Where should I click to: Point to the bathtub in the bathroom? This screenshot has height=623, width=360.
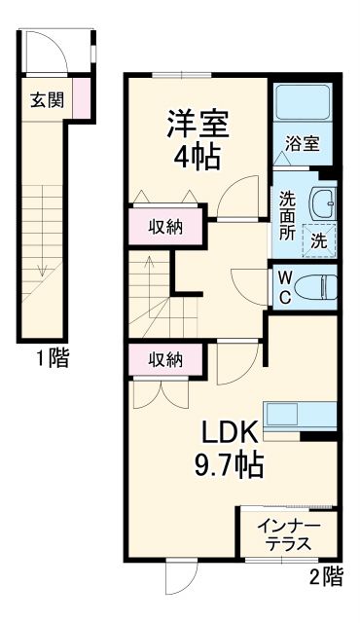pyautogui.click(x=301, y=104)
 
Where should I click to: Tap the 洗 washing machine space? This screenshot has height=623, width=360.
pyautogui.click(x=319, y=239)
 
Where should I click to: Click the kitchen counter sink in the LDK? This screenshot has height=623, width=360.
pyautogui.click(x=298, y=416)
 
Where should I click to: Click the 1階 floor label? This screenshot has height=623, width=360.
pyautogui.click(x=53, y=359)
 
